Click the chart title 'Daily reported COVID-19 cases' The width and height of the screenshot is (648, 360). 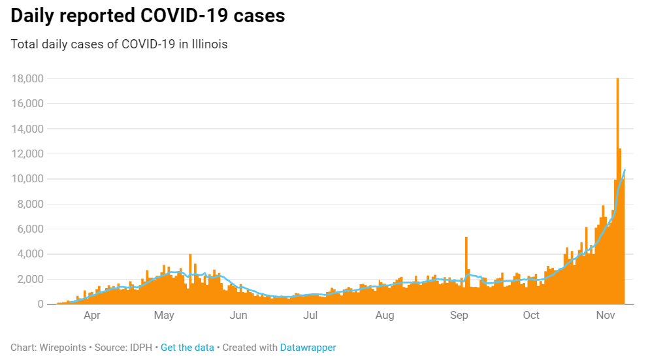(148, 16)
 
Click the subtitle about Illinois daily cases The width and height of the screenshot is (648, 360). (119, 44)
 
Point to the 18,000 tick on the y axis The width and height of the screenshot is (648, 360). (27, 79)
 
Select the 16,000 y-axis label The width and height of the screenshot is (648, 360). (27, 104)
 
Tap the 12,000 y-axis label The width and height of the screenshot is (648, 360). (27, 154)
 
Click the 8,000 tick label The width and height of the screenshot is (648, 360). (30, 204)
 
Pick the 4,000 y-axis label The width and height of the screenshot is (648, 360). (30, 254)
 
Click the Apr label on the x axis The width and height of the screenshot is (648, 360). (91, 316)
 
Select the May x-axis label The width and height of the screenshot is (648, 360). (164, 316)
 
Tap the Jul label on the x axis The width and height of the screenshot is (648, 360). (310, 316)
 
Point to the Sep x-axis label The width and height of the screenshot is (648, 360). (459, 316)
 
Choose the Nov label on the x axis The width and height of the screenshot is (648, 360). (606, 316)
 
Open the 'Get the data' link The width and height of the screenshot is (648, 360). (187, 348)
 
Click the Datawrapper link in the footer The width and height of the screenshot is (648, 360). (308, 348)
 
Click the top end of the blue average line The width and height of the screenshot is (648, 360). (625, 170)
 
